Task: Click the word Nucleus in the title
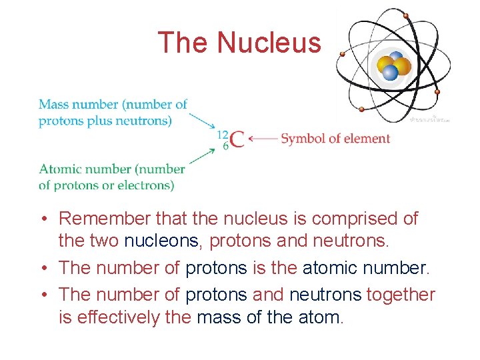coord(269,43)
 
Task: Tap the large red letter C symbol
coord(237,139)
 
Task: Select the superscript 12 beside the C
coord(223,134)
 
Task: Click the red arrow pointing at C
coord(262,139)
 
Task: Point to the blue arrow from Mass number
coord(202,120)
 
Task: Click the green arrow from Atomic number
coord(202,157)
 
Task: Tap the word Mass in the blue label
coord(54,104)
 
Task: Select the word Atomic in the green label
coord(59,169)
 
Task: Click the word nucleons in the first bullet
coord(164,241)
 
